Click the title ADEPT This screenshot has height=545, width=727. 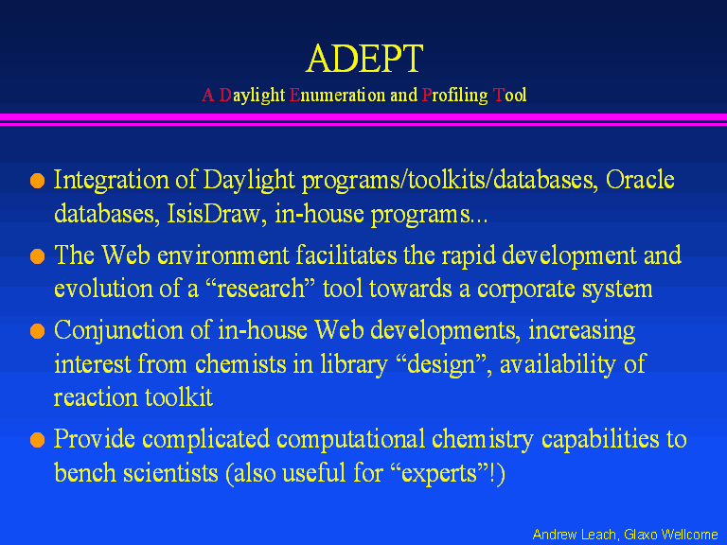tap(364, 59)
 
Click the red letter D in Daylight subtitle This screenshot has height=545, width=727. tap(225, 95)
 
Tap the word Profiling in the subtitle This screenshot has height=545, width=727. tap(454, 96)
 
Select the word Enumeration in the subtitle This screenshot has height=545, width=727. tap(337, 95)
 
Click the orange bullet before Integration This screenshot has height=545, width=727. tap(37, 181)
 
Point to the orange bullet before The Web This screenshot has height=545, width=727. tap(37, 255)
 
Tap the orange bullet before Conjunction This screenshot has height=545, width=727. tap(37, 331)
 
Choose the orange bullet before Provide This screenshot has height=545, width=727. tap(37, 439)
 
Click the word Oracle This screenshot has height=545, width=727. tap(640, 180)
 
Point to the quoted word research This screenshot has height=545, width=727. tap(260, 290)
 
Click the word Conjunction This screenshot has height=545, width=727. tap(118, 332)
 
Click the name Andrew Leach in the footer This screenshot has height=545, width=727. tap(574, 535)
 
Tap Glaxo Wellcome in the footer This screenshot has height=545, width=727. tap(671, 535)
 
